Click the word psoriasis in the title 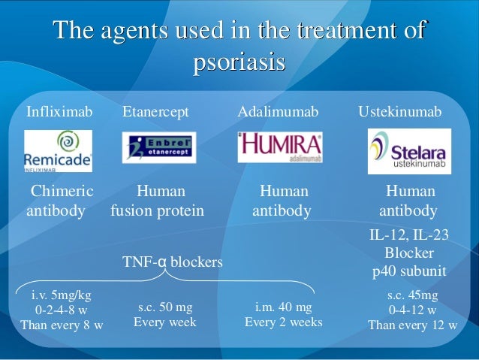click(x=239, y=61)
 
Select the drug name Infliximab click(x=59, y=112)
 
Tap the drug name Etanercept click(x=156, y=112)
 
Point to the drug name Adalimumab click(x=278, y=112)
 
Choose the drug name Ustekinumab click(x=400, y=112)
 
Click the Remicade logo click(x=58, y=150)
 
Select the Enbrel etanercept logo click(x=158, y=147)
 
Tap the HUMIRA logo click(x=280, y=147)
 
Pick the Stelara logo click(x=409, y=151)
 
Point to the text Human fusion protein click(x=157, y=201)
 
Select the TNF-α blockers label click(x=173, y=262)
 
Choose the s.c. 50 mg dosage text click(x=164, y=307)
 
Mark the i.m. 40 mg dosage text click(x=283, y=307)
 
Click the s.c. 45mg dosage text click(x=412, y=295)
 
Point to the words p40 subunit click(x=409, y=271)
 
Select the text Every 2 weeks click(x=283, y=322)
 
